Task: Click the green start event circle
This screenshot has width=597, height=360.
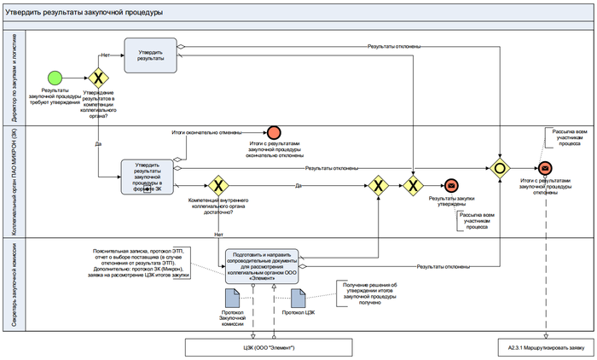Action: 55,77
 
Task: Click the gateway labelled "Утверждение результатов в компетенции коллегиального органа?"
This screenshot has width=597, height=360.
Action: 98,77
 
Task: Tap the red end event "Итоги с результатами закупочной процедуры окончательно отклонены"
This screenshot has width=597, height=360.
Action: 275,131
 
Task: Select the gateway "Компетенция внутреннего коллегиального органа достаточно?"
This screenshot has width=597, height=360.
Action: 219,185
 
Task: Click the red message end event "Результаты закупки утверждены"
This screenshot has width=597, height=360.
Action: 449,185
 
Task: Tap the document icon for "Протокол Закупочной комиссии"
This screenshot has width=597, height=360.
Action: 232,299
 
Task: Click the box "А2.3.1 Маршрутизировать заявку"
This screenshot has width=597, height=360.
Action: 543,347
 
